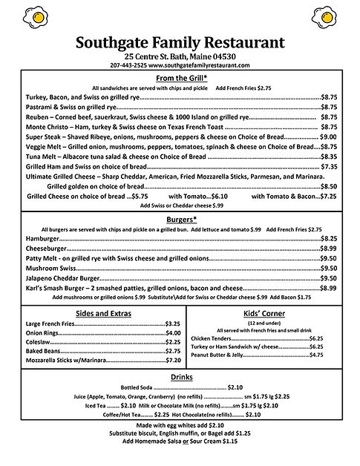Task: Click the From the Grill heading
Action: tap(180, 79)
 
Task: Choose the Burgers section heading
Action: tap(180, 220)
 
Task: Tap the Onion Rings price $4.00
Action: tap(173, 333)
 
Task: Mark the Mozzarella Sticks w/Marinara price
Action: tap(173, 360)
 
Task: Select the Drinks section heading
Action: tap(180, 377)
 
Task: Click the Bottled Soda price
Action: tap(235, 387)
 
